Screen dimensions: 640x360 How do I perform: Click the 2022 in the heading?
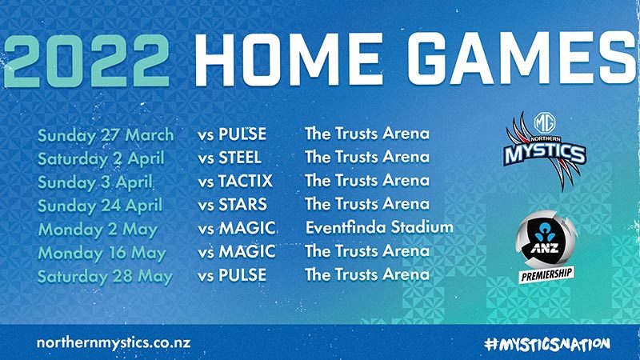(86, 61)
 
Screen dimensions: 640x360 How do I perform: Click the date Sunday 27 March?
(106, 135)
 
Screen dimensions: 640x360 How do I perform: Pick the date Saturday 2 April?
(102, 158)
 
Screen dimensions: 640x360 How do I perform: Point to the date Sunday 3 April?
(95, 182)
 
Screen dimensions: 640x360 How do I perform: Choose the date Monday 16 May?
(102, 254)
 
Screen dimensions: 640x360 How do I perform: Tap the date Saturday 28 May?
(105, 277)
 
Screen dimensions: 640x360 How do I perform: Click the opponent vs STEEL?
(230, 158)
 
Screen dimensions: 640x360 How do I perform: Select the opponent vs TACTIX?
(235, 182)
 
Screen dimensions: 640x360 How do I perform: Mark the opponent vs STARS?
(232, 205)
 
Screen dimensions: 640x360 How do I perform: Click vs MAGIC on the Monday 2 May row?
(237, 228)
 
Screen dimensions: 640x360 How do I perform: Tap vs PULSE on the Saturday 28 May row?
(232, 275)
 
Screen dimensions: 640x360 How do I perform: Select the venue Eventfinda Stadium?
(379, 227)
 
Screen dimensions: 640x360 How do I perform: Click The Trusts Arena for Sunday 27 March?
(367, 134)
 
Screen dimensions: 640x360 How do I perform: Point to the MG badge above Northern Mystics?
(545, 122)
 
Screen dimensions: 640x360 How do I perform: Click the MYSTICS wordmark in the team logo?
(545, 154)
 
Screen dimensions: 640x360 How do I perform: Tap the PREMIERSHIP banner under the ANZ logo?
(546, 274)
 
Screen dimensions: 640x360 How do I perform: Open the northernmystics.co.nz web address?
(114, 343)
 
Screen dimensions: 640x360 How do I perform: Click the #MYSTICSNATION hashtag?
(547, 344)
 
